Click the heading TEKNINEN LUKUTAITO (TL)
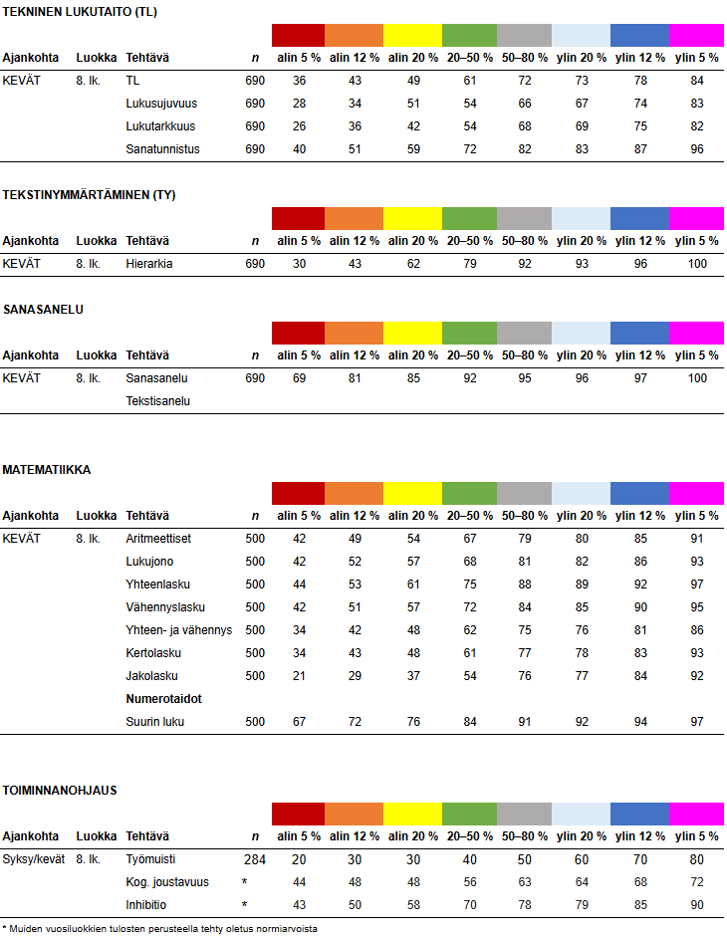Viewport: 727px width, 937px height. click(79, 11)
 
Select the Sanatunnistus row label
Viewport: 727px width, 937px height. click(163, 149)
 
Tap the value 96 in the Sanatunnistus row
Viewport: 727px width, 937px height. click(696, 149)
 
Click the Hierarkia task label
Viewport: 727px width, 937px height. click(149, 264)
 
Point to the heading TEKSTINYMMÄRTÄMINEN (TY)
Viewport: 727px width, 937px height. click(89, 195)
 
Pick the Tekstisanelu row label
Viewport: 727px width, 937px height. click(158, 401)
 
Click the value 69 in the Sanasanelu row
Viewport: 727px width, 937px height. click(298, 378)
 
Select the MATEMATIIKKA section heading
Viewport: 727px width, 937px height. click(47, 470)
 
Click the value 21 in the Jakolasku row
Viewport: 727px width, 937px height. click(298, 676)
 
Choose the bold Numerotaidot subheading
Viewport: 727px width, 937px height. click(164, 699)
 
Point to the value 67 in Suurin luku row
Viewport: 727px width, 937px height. click(298, 722)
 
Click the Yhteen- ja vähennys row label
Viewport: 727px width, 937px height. click(179, 630)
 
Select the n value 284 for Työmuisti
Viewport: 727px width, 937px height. click(255, 858)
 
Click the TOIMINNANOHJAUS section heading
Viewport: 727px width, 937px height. click(60, 791)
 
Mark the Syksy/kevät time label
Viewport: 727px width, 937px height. click(34, 858)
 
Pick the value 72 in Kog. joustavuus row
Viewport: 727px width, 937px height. click(696, 882)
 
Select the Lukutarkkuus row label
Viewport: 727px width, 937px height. click(160, 126)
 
